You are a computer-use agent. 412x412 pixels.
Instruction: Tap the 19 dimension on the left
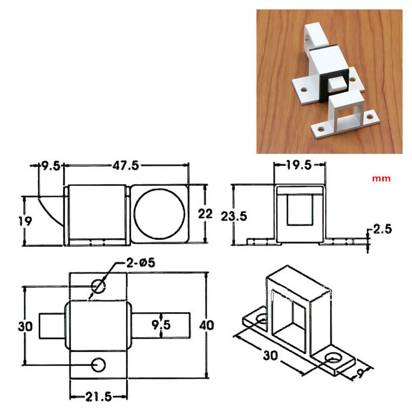point(25,221)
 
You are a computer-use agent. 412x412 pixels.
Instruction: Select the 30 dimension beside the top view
point(26,326)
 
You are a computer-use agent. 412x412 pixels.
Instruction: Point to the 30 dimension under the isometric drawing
point(270,354)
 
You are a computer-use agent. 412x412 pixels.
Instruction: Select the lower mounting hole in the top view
point(98,364)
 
